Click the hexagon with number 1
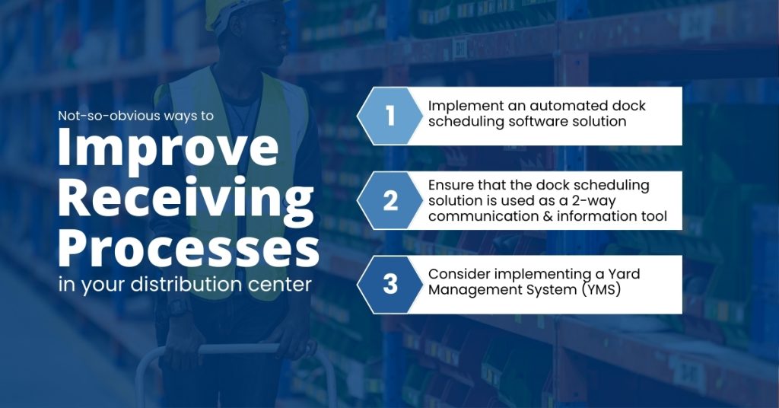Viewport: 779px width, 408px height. (x=390, y=116)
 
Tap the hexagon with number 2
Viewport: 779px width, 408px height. (x=390, y=200)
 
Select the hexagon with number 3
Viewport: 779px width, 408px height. (x=390, y=284)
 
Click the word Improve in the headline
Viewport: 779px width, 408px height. (x=168, y=148)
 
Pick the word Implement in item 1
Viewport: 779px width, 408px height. (x=459, y=107)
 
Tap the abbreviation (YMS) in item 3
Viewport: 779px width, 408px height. (x=601, y=290)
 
